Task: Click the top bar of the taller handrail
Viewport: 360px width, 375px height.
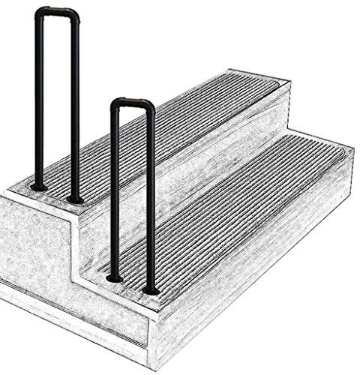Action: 58,10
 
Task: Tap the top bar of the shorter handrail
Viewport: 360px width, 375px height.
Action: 133,100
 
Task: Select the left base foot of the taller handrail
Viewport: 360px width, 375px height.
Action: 40,186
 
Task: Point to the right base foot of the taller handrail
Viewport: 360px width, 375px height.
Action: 76,199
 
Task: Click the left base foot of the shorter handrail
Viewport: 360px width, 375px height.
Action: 115,278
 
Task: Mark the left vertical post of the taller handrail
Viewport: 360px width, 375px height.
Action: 40,105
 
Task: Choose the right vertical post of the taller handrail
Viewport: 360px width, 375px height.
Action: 76,112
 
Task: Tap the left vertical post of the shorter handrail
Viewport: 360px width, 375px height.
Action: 115,195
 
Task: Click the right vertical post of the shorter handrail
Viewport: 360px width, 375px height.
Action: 151,202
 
